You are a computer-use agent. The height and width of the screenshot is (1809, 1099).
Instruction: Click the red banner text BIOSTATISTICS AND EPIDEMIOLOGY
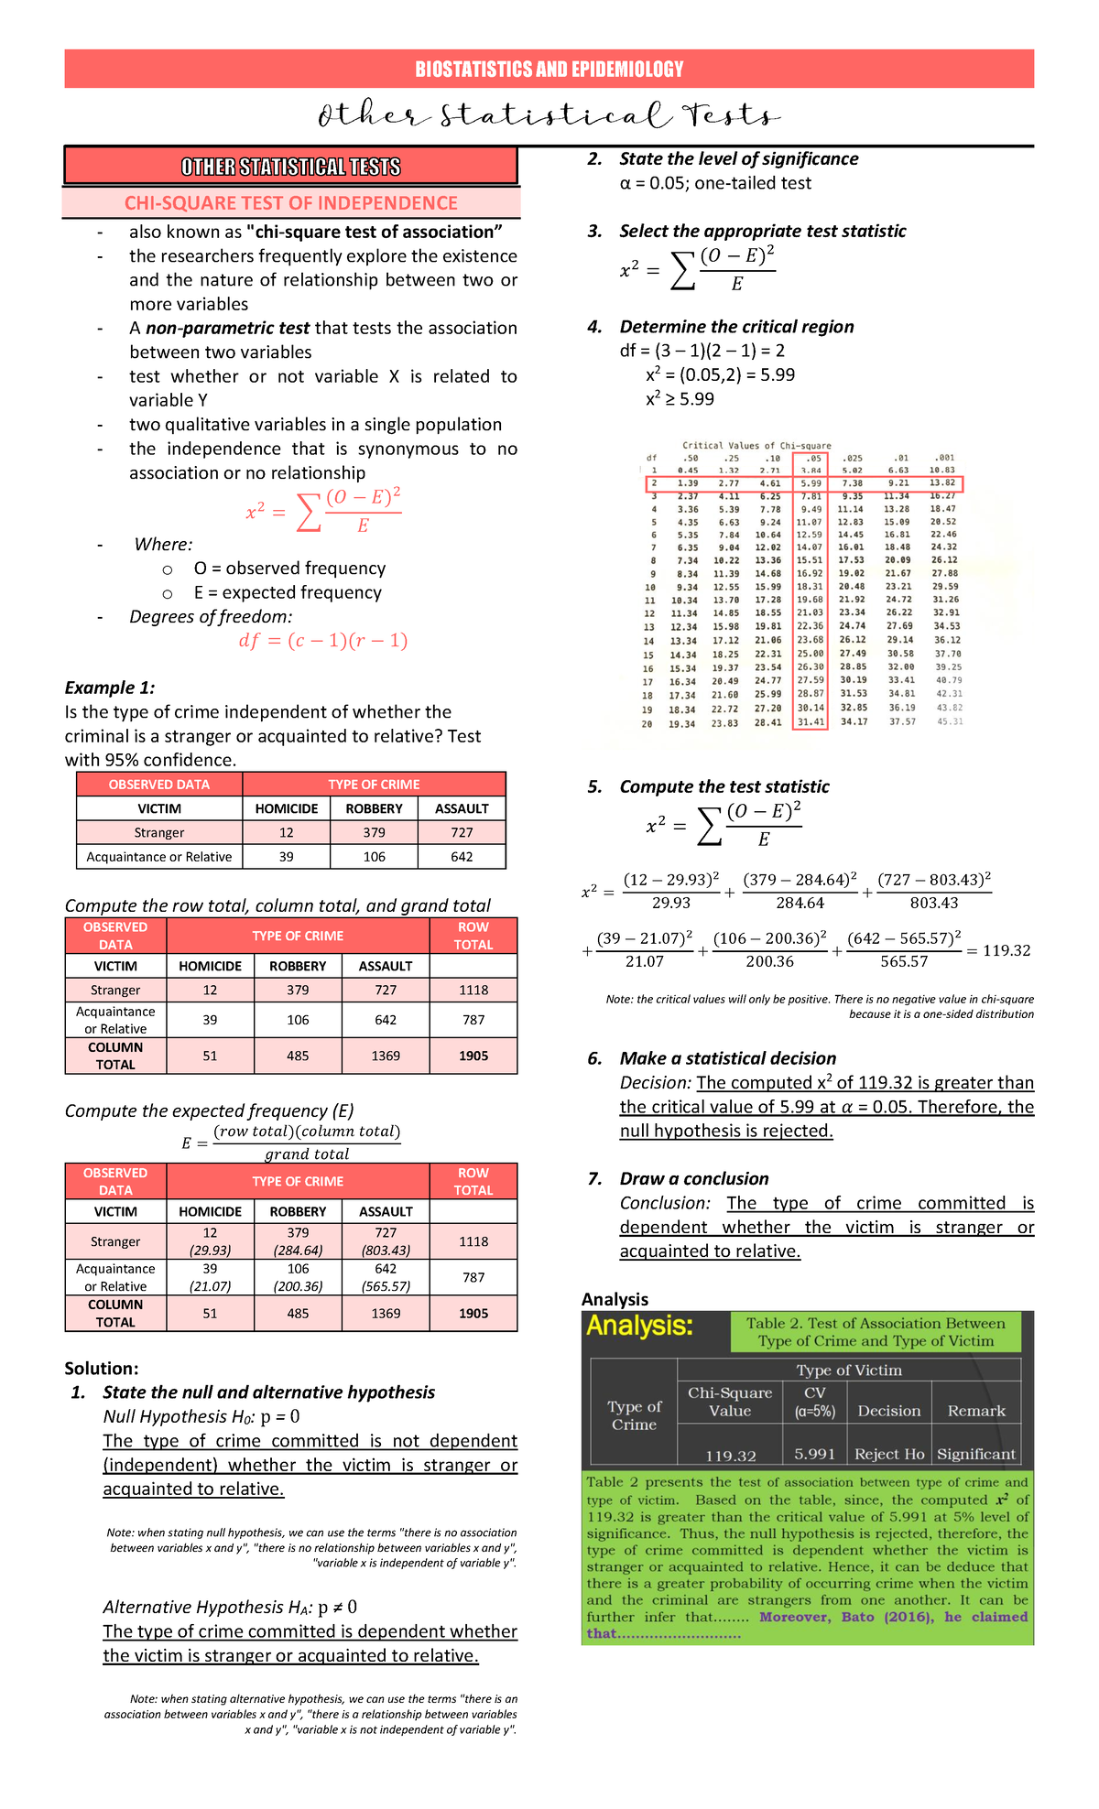(549, 70)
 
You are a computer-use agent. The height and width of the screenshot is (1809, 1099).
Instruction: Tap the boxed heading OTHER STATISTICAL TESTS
(290, 167)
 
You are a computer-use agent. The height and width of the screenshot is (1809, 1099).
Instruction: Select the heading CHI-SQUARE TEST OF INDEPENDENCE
(291, 203)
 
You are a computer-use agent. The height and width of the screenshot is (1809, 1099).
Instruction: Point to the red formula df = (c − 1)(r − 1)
(322, 641)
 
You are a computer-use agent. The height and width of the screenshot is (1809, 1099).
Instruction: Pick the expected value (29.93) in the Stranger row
(210, 1251)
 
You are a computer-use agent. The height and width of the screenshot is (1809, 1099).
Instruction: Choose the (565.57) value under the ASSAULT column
(386, 1286)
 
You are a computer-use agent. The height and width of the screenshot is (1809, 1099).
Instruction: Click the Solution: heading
(102, 1369)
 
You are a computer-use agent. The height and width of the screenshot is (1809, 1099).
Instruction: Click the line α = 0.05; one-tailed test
(715, 183)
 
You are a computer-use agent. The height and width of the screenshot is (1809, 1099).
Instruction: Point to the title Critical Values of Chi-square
(756, 446)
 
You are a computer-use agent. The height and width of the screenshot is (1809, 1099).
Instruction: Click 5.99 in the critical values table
(811, 482)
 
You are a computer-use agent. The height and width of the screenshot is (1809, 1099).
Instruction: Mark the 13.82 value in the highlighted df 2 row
(942, 482)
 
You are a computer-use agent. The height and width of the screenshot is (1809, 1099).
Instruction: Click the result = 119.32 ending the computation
(999, 951)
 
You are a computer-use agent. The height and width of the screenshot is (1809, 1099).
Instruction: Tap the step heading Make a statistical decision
(727, 1058)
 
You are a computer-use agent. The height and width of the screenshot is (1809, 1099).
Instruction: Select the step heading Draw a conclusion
(693, 1179)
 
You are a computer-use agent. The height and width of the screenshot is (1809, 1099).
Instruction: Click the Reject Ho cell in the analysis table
(888, 1455)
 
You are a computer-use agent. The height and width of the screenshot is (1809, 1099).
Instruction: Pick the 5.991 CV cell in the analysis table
(814, 1455)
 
